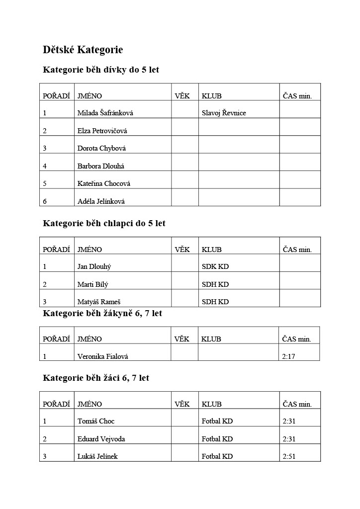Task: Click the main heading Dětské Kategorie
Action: pos(83,50)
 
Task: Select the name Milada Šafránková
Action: pos(105,113)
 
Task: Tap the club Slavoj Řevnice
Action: pos(224,113)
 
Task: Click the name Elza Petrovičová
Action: pos(102,131)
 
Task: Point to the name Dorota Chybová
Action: pos(101,148)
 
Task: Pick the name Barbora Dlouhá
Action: pos(101,166)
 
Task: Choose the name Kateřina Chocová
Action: pos(103,183)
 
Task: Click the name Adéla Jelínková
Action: pos(101,201)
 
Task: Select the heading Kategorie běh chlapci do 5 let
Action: pos(104,224)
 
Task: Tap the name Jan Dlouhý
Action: pos(94,266)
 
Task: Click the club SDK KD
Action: pos(215,266)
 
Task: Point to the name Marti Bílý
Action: pos(92,284)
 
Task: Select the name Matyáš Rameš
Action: pos(99,302)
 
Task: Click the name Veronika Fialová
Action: pos(102,356)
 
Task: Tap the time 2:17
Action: pos(288,356)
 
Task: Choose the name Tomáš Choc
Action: pos(96,421)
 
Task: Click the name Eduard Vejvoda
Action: pos(101,439)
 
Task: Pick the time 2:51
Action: pos(289,456)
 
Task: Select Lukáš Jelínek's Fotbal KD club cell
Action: pos(217,456)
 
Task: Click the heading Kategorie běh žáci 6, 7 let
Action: pos(96,378)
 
